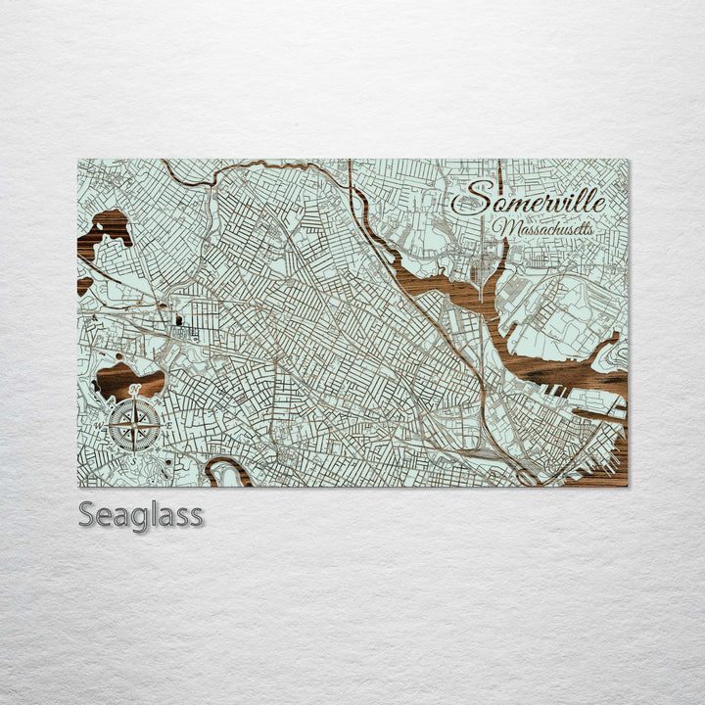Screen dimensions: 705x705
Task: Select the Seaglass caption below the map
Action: tap(140, 514)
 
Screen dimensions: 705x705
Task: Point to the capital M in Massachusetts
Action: tap(502, 228)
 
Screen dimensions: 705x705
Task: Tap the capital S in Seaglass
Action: tap(87, 514)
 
